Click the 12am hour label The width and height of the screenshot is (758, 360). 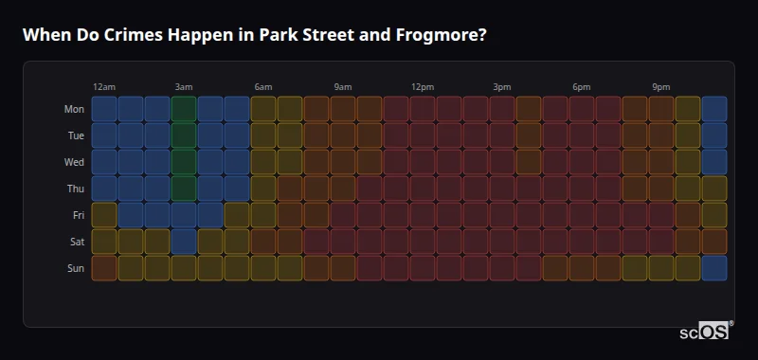coord(104,87)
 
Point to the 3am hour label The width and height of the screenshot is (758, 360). coord(184,87)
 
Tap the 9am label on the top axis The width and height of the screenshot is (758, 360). coord(343,87)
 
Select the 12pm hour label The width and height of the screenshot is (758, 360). coord(423,87)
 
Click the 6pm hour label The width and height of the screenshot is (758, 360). coord(582,87)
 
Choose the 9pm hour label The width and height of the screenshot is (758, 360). coord(661,87)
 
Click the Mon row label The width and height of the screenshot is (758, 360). coord(74,109)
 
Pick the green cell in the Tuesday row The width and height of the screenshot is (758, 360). coord(184,135)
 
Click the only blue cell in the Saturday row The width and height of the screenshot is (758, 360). coord(184,242)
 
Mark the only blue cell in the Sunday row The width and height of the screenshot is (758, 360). coord(714,268)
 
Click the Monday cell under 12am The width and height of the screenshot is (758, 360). coord(104,109)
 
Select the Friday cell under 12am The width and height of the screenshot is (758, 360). coord(104,215)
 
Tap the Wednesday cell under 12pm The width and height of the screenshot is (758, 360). coord(423,162)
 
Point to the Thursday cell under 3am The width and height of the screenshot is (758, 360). coord(184,189)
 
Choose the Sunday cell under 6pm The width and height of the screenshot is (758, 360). coord(582,268)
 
